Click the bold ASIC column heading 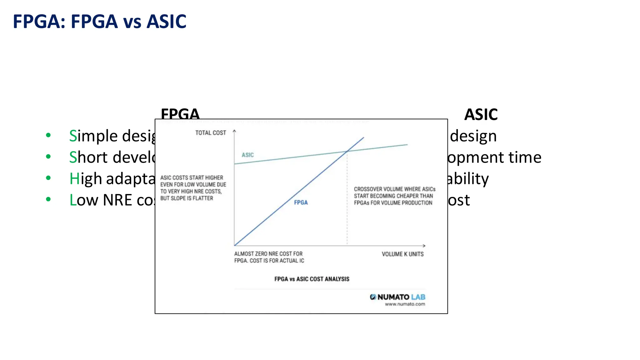tap(481, 114)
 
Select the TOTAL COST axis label tap(211, 133)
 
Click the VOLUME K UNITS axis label tap(402, 254)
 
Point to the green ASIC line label tap(247, 155)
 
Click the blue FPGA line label tap(301, 202)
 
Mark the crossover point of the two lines tap(347, 151)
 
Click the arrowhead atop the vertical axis tap(234, 131)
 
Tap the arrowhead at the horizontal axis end tap(424, 246)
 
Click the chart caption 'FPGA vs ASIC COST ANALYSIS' tap(312, 279)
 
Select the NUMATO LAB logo tap(397, 297)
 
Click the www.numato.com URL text tap(405, 304)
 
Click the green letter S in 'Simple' tap(73, 136)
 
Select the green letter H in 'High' tap(74, 179)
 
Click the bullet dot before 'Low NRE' tap(48, 199)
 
